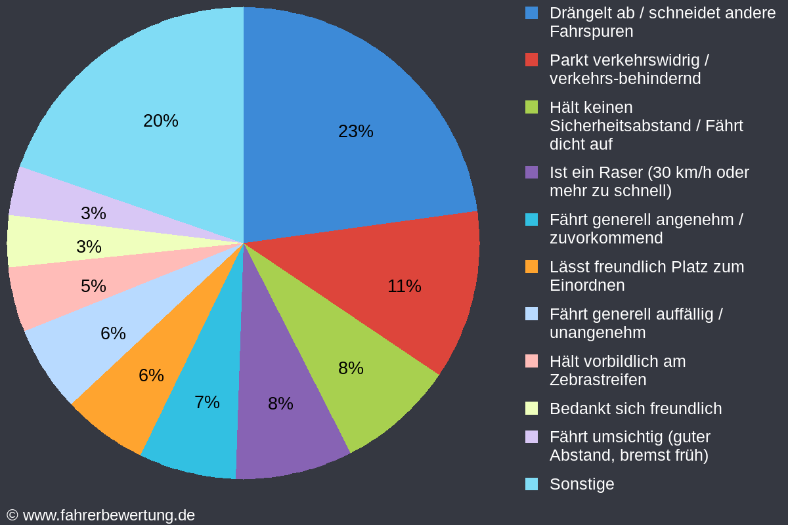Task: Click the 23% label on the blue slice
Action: tap(355, 131)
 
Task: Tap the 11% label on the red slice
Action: tap(404, 286)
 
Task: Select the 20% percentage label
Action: tap(160, 121)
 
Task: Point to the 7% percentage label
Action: tap(207, 402)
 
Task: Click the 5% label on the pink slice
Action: tap(93, 286)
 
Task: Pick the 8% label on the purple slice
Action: tap(280, 404)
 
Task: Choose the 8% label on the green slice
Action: tap(351, 368)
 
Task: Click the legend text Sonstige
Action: tap(582, 484)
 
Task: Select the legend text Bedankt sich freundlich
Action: tap(635, 409)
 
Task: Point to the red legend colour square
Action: tap(532, 60)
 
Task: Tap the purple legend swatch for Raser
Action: tap(532, 173)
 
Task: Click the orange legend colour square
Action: tap(532, 267)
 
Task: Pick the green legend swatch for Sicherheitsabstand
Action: tap(532, 107)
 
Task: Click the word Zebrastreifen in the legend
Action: tap(598, 380)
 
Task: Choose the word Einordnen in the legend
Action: tap(587, 285)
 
